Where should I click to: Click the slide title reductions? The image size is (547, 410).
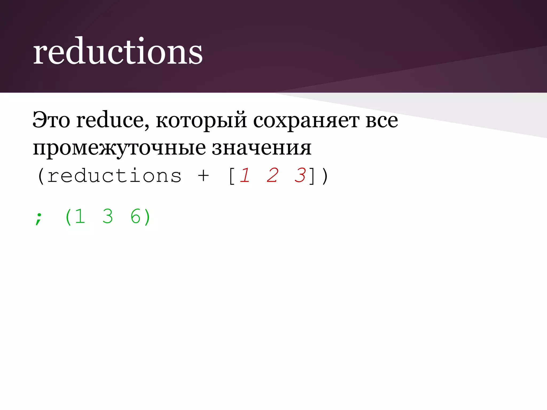tap(118, 51)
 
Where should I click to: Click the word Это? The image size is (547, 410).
tap(51, 120)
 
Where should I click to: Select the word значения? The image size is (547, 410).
tap(262, 148)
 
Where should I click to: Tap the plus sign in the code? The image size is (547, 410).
tap(203, 176)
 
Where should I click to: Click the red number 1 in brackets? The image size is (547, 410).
tap(245, 175)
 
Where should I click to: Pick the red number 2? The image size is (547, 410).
tap(272, 175)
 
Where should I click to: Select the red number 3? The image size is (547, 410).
tap(300, 175)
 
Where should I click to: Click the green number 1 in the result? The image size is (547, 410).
tap(80, 216)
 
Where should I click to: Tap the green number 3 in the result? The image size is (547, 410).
tap(108, 216)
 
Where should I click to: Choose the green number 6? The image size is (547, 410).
tap(135, 216)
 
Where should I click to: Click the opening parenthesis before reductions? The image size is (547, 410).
tap(41, 176)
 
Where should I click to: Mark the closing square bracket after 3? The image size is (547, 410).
tap(312, 176)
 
